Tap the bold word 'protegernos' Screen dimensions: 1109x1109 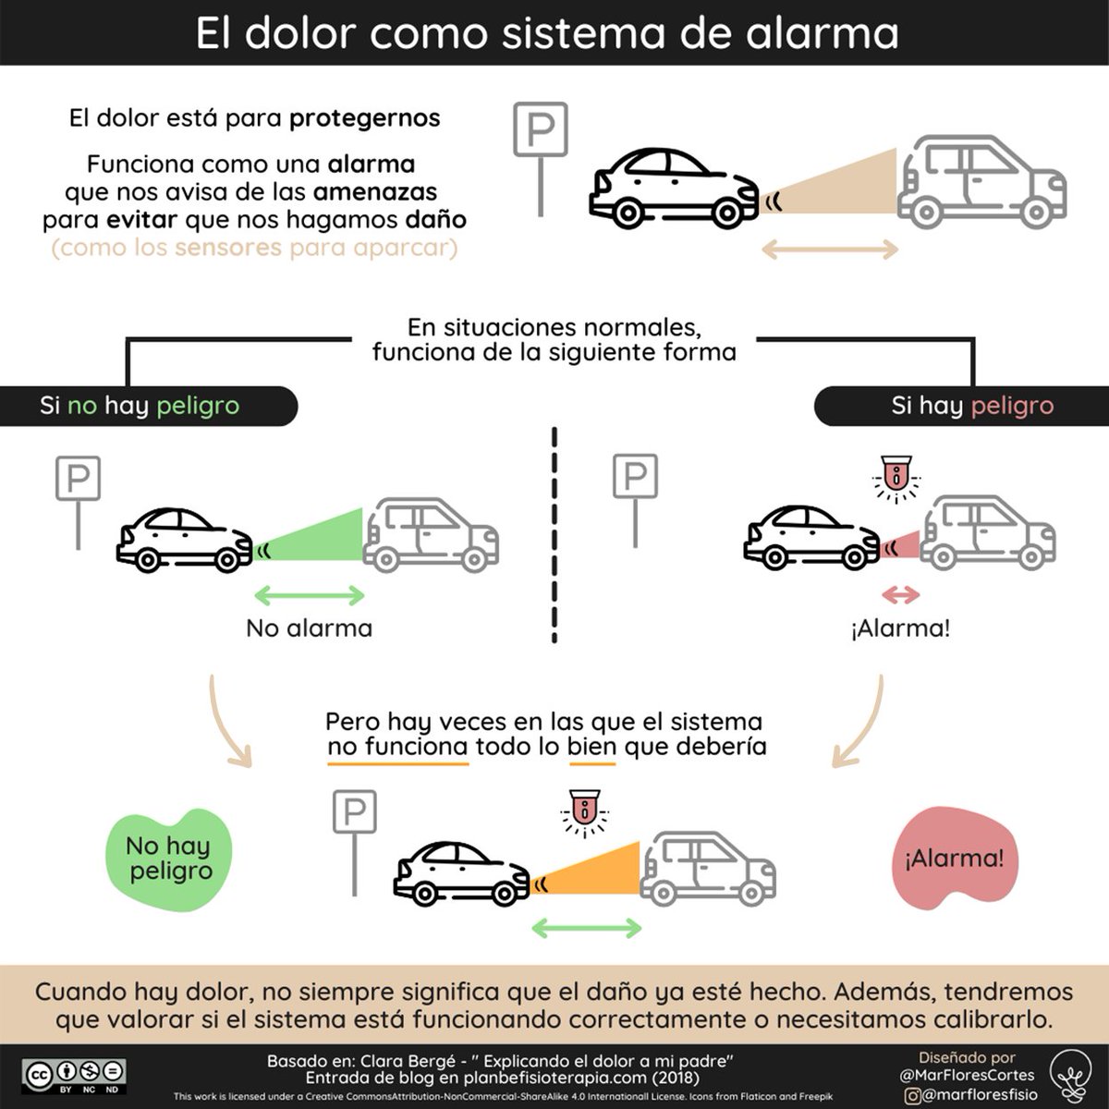coord(364,118)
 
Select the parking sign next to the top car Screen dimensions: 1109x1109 coord(541,159)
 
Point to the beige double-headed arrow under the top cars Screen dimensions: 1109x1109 coord(829,250)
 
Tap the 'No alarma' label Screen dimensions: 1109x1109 coord(309,628)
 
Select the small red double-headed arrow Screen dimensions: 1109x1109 coord(901,595)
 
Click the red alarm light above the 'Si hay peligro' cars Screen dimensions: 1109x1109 coord(896,478)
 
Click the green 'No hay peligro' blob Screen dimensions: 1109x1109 coord(168,859)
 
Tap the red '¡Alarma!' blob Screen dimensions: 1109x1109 coord(954,859)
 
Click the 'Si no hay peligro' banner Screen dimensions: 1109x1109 coord(149,406)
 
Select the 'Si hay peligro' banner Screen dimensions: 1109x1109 coord(962,406)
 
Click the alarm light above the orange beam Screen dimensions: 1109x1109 coord(585,812)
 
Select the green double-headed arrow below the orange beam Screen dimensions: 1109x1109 coord(587,928)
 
